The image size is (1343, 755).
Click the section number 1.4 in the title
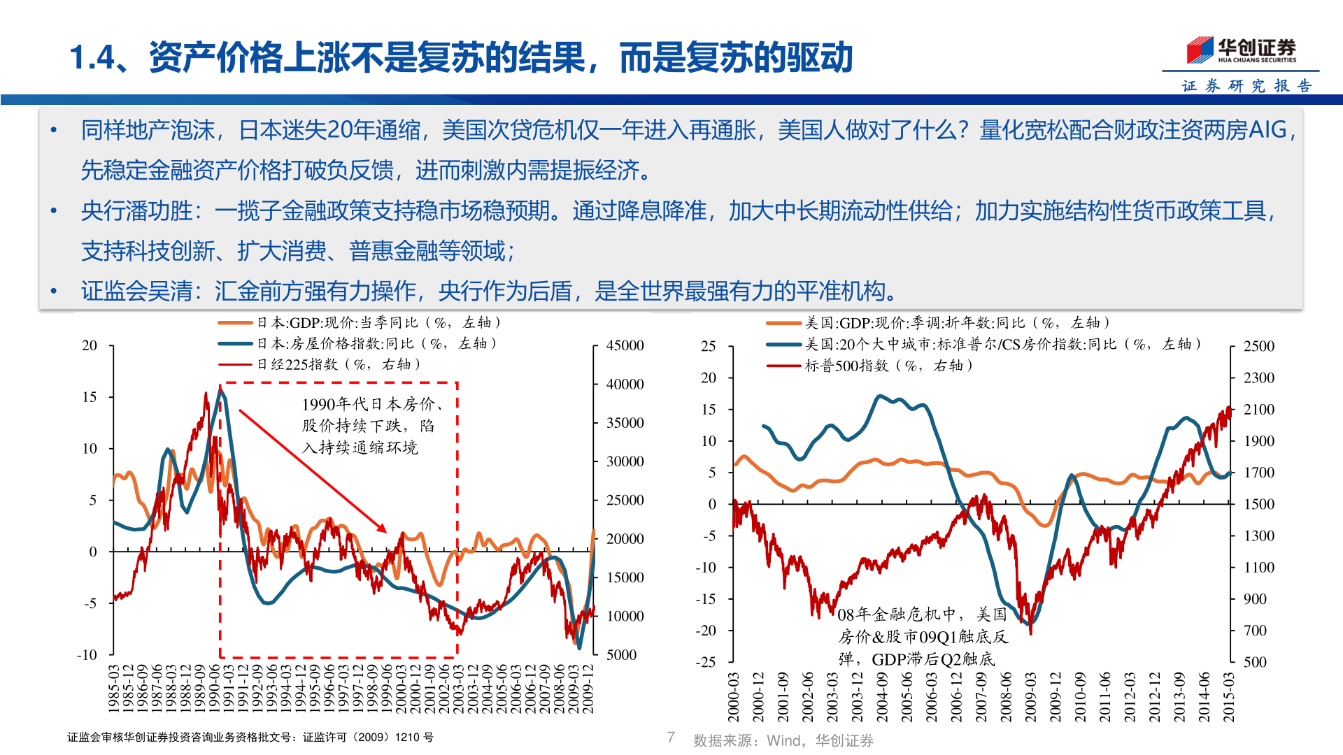point(92,57)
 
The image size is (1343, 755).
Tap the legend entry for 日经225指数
point(339,364)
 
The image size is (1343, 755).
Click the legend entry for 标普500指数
point(888,365)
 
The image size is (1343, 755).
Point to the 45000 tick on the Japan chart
point(625,345)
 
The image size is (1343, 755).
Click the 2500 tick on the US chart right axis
point(1258,346)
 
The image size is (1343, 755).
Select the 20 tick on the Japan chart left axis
point(90,345)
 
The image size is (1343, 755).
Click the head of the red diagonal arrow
point(384,531)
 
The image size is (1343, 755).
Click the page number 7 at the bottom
point(671,737)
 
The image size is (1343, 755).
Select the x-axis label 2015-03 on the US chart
point(1228,697)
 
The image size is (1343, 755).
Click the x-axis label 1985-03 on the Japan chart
point(114,689)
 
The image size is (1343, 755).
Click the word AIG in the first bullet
point(1267,130)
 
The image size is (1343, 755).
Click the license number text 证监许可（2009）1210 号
point(368,738)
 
